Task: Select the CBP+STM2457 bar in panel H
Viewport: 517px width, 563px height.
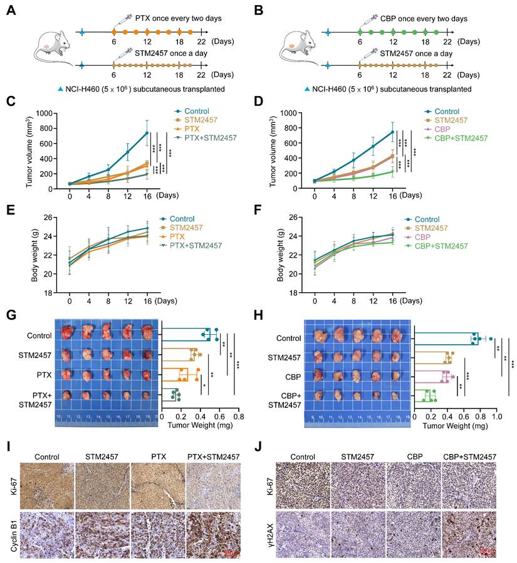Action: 425,396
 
